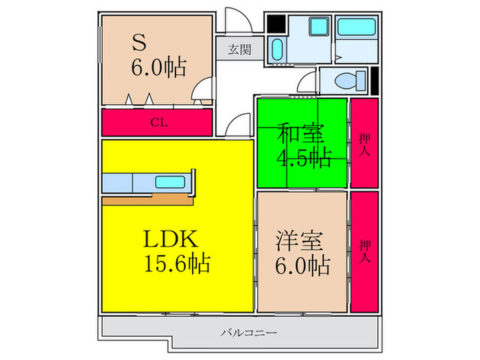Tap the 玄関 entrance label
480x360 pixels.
pos(239,49)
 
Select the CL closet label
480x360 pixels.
pos(158,123)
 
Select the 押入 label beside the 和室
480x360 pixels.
pos(365,144)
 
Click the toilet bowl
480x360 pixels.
pos(346,80)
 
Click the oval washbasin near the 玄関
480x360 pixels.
pos(277,49)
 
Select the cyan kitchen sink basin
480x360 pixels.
pos(169,182)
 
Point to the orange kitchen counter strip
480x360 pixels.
pos(147,200)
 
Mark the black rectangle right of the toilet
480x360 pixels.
pos(374,81)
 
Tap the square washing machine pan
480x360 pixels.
pos(317,28)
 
